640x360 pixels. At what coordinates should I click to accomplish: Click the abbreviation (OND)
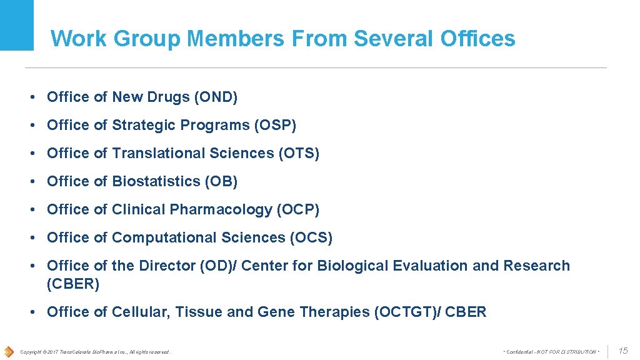point(216,97)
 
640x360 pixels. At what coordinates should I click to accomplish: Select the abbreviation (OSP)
point(275,125)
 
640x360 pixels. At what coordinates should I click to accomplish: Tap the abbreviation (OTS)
point(298,153)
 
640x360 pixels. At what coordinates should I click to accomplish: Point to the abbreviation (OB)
point(221,181)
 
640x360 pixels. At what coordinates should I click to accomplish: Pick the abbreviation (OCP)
point(297,209)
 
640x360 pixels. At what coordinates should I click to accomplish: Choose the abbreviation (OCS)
point(311,237)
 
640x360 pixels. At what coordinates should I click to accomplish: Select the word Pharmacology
point(221,209)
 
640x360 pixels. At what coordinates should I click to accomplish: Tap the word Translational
point(159,153)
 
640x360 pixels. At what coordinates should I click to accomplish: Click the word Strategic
point(144,125)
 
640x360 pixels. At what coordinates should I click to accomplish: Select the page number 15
point(623,351)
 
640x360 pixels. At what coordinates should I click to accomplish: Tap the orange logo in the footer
point(9,351)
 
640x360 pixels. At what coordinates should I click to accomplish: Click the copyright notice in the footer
point(95,352)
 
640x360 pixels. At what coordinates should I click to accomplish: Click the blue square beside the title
point(17,25)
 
